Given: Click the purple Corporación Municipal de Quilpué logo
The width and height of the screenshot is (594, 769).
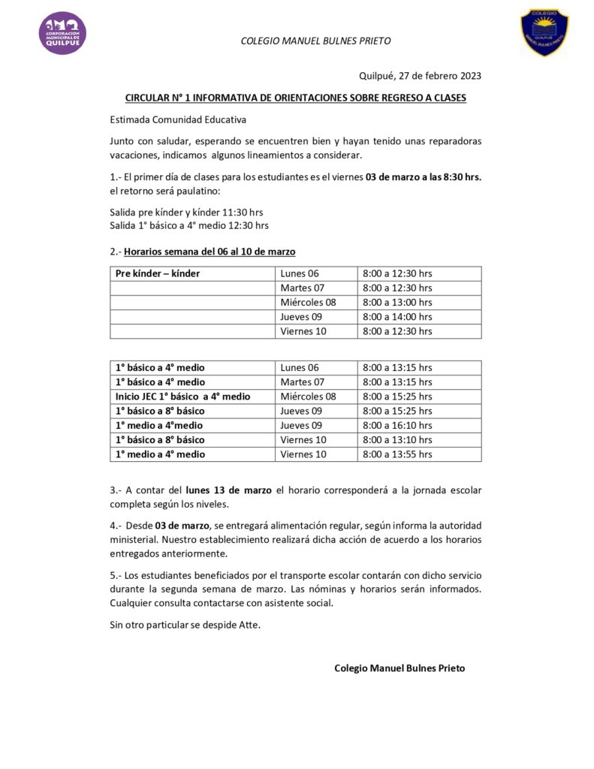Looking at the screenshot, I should coord(62,33).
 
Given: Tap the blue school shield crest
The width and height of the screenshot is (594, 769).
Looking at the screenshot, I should coord(544,32).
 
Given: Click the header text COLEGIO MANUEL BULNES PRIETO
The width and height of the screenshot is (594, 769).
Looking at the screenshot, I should coord(315,41).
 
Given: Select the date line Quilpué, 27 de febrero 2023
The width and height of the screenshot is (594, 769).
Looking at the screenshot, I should coord(420,76).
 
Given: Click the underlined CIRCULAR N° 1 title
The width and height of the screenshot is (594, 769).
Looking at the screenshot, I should coord(295,98).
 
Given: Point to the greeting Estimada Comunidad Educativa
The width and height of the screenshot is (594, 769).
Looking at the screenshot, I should coord(178,119).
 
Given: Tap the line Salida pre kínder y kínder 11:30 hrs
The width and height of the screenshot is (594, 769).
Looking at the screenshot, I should coord(186,213).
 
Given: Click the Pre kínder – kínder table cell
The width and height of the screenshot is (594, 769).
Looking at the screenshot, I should coord(158,273).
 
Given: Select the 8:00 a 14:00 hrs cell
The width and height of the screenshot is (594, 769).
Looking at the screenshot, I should coord(397,317).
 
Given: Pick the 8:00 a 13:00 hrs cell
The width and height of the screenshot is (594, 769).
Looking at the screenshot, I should coord(397,303).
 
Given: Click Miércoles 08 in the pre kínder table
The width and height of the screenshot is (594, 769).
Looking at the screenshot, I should coord(308,303).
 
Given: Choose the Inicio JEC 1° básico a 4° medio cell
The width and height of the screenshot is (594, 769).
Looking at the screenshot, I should coord(182,397).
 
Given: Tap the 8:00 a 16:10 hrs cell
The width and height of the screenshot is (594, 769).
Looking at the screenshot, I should coord(397,426).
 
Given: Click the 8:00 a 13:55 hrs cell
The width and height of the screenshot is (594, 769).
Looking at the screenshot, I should coord(397,454).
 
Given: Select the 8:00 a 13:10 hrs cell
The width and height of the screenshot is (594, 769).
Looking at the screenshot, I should coord(397,440).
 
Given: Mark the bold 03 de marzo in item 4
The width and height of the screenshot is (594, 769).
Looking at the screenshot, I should coord(172,525).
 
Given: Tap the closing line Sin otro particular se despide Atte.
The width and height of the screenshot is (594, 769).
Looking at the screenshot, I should coord(185,625).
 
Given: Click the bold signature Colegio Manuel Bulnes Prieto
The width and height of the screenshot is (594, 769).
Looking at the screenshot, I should coord(400,668).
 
